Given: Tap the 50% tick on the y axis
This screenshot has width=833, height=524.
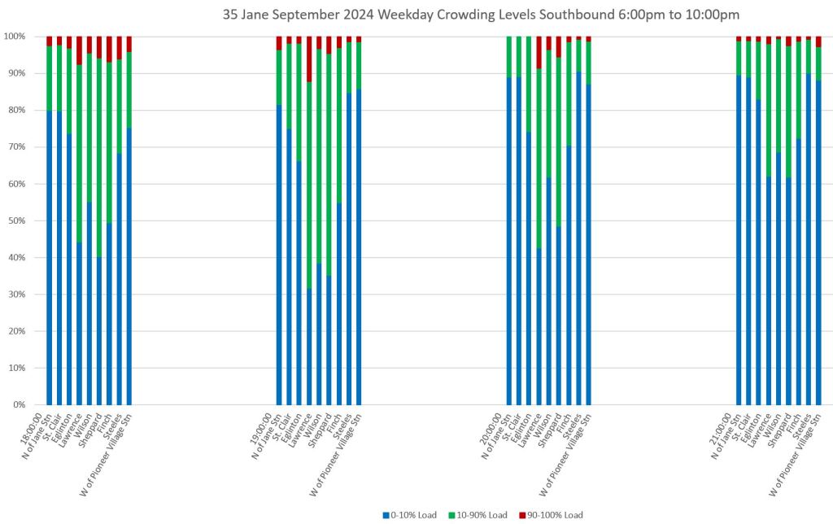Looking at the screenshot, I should click(x=16, y=221).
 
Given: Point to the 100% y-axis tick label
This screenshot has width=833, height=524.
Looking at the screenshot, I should click(x=14, y=37).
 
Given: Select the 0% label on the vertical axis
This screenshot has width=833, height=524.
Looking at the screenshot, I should click(x=19, y=404).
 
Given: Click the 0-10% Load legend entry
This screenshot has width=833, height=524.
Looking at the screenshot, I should click(x=412, y=515).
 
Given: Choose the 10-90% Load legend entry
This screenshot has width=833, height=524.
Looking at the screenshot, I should click(x=479, y=515).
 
